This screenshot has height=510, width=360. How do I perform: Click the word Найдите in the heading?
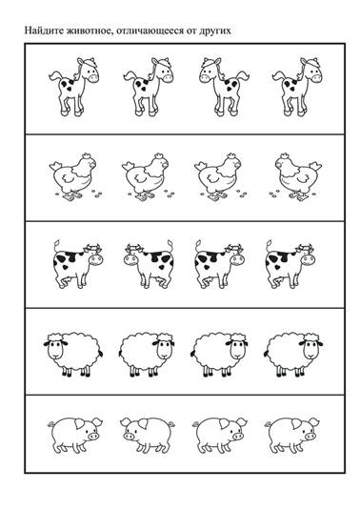point(45,31)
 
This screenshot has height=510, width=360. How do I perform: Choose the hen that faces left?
point(295,177)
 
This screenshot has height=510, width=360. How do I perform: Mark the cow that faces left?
point(149,264)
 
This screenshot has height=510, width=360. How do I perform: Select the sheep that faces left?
point(73,355)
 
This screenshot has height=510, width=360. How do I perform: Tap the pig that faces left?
point(147,436)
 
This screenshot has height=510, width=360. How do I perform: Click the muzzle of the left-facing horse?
point(206,78)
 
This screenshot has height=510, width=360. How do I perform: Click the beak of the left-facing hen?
point(277,165)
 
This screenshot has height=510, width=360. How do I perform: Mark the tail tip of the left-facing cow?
point(170,243)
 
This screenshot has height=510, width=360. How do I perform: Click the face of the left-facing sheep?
point(55,350)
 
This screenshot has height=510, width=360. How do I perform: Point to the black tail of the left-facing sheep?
point(101,354)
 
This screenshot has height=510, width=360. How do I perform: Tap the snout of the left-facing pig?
point(130,436)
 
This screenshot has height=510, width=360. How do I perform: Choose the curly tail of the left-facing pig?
point(171,424)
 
